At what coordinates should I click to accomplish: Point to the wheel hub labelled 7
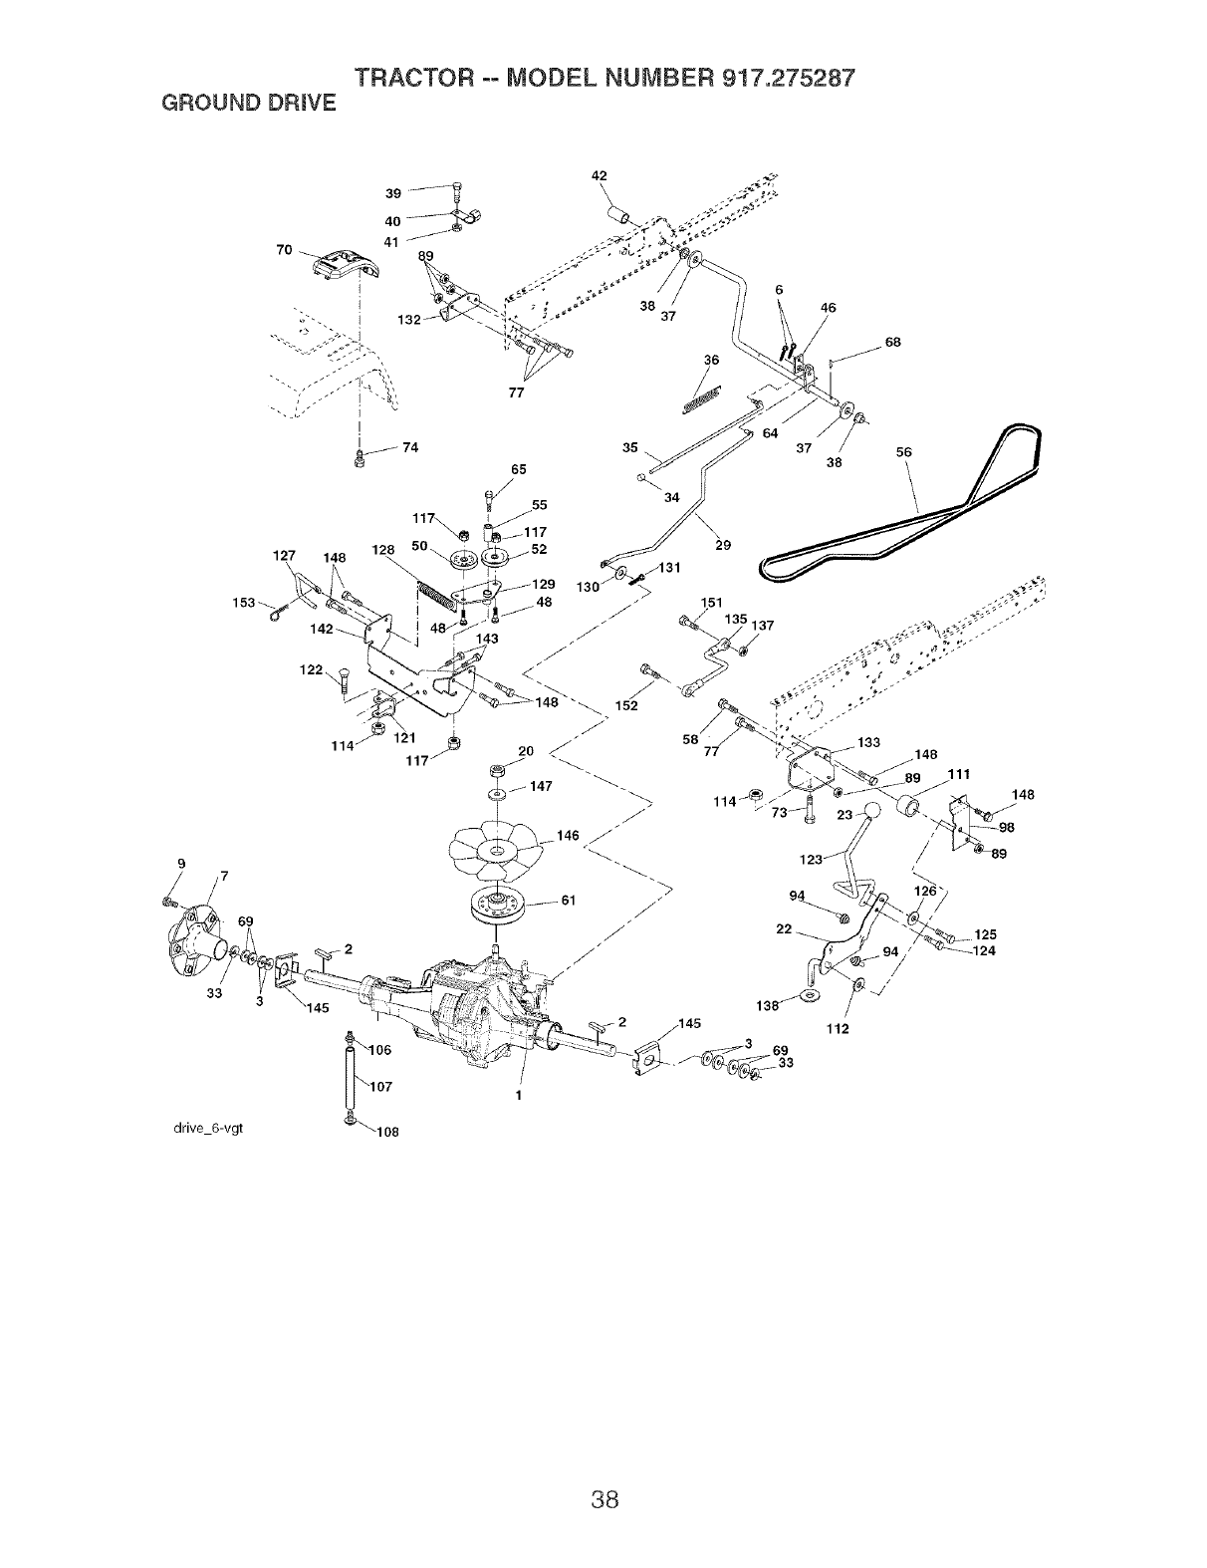[195, 937]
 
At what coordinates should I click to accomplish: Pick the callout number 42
[599, 176]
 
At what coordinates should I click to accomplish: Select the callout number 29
[723, 545]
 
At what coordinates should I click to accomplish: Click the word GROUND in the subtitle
[200, 103]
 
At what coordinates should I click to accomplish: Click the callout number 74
[407, 447]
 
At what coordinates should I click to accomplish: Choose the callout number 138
[767, 1006]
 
